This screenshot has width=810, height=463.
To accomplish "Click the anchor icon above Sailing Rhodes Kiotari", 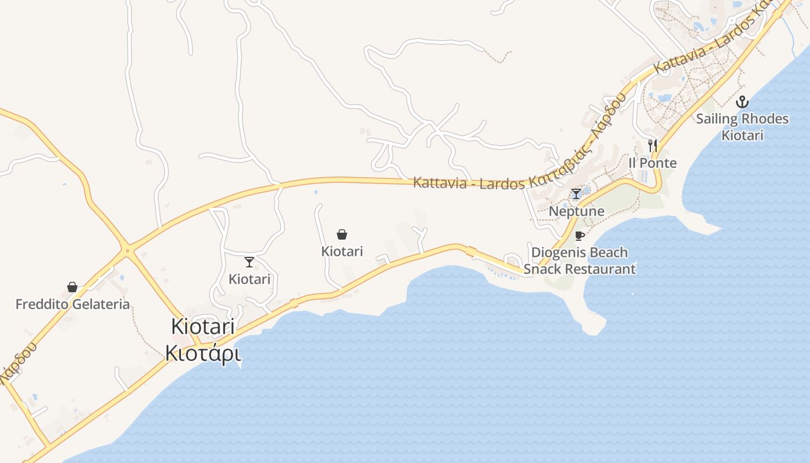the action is (x=742, y=102).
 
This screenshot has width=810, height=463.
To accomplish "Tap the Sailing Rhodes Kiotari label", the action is (x=742, y=127).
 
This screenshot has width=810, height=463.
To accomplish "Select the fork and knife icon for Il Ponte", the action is (x=653, y=146).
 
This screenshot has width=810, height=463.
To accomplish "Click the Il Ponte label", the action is (x=653, y=163).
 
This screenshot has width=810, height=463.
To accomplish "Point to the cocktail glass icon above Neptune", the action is (x=576, y=194).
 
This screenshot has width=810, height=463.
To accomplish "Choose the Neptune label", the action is (x=576, y=211).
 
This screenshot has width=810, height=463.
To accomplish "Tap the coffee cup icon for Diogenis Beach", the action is (x=580, y=236).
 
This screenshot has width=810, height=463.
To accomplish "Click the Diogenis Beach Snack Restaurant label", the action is (x=580, y=260).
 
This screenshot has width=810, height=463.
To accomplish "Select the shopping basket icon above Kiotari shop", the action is (x=342, y=234).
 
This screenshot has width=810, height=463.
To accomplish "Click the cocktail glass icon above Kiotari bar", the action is (x=249, y=262).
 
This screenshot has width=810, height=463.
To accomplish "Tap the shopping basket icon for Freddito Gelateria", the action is (x=72, y=287).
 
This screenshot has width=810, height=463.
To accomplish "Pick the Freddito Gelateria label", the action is (x=72, y=304).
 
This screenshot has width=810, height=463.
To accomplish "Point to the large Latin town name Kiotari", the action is (x=203, y=326).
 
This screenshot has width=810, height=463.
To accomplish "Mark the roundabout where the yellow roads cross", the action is (x=127, y=251).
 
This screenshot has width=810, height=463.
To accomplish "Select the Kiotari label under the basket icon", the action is (x=342, y=251).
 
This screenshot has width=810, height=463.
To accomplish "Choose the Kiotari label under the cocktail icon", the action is (x=249, y=279).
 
